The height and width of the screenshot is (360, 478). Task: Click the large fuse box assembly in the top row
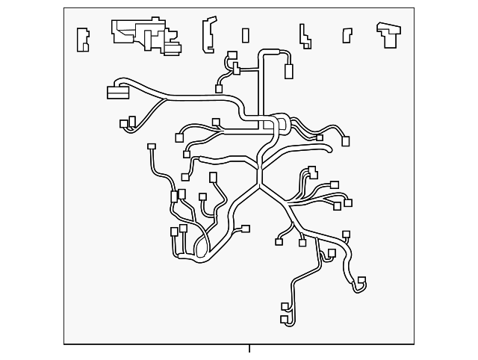[142, 34]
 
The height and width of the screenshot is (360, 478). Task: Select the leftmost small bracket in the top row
[82, 39]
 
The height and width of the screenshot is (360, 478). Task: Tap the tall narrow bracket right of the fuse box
[208, 35]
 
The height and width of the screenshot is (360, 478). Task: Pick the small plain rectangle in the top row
[246, 35]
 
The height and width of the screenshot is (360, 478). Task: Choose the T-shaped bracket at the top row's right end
[388, 34]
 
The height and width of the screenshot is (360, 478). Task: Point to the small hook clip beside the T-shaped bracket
[347, 35]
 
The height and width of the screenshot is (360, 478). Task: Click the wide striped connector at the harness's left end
[118, 93]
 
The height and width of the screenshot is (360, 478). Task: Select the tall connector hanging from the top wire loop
[288, 72]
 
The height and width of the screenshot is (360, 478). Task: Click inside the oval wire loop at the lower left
[202, 246]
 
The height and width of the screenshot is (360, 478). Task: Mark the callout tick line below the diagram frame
[249, 349]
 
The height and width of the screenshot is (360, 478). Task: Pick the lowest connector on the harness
[285, 320]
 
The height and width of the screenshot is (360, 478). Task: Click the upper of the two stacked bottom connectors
[285, 306]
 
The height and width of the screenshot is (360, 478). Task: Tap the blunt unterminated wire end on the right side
[329, 150]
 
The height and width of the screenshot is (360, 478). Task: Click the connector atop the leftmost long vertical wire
[152, 147]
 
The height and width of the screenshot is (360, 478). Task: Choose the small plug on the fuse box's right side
[173, 49]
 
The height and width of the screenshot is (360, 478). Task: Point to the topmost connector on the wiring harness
[232, 55]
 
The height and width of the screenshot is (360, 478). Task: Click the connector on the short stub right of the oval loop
[246, 229]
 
